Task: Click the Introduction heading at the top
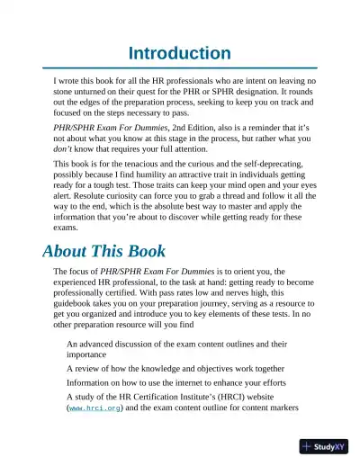point(180,53)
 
